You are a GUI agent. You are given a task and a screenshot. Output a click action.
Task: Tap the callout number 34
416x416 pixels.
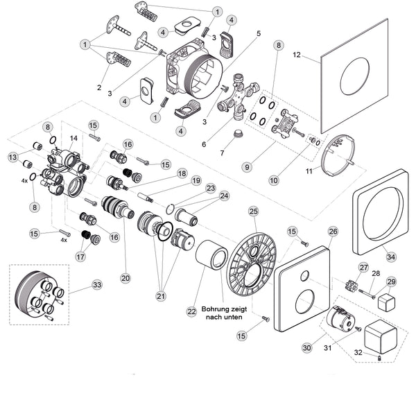coord(390,257)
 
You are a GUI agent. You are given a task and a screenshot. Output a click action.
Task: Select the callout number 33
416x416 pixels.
coord(96,284)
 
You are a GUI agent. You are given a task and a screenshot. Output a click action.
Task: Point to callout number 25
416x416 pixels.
coord(253,210)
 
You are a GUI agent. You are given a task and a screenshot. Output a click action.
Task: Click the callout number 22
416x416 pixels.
coord(192,312)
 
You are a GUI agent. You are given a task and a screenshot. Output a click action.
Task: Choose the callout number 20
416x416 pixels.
coord(125,277)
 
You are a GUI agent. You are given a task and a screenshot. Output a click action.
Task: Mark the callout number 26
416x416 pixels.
coord(333,231)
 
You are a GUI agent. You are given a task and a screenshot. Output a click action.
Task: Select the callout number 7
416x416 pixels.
coord(221,153)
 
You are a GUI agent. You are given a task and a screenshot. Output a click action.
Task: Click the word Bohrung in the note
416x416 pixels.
coord(216,309)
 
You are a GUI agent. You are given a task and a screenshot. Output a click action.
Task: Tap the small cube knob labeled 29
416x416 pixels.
coord(386,300)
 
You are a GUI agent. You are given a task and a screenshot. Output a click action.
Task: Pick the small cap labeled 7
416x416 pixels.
coord(237,135)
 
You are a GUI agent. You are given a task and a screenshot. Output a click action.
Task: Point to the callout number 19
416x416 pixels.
coord(196,180)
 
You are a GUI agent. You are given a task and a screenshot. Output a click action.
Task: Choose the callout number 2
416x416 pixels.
coord(99,87)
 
